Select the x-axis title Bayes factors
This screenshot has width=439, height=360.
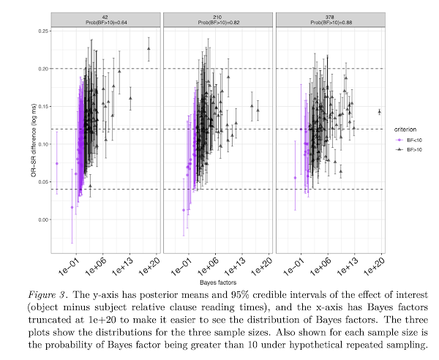217,280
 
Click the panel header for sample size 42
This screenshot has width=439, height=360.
105,19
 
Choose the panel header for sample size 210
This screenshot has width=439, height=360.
217,19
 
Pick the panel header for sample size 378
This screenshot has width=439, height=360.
329,19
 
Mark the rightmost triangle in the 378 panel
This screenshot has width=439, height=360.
380,111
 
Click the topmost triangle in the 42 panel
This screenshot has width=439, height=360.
149,49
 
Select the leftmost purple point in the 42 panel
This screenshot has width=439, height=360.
56,163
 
